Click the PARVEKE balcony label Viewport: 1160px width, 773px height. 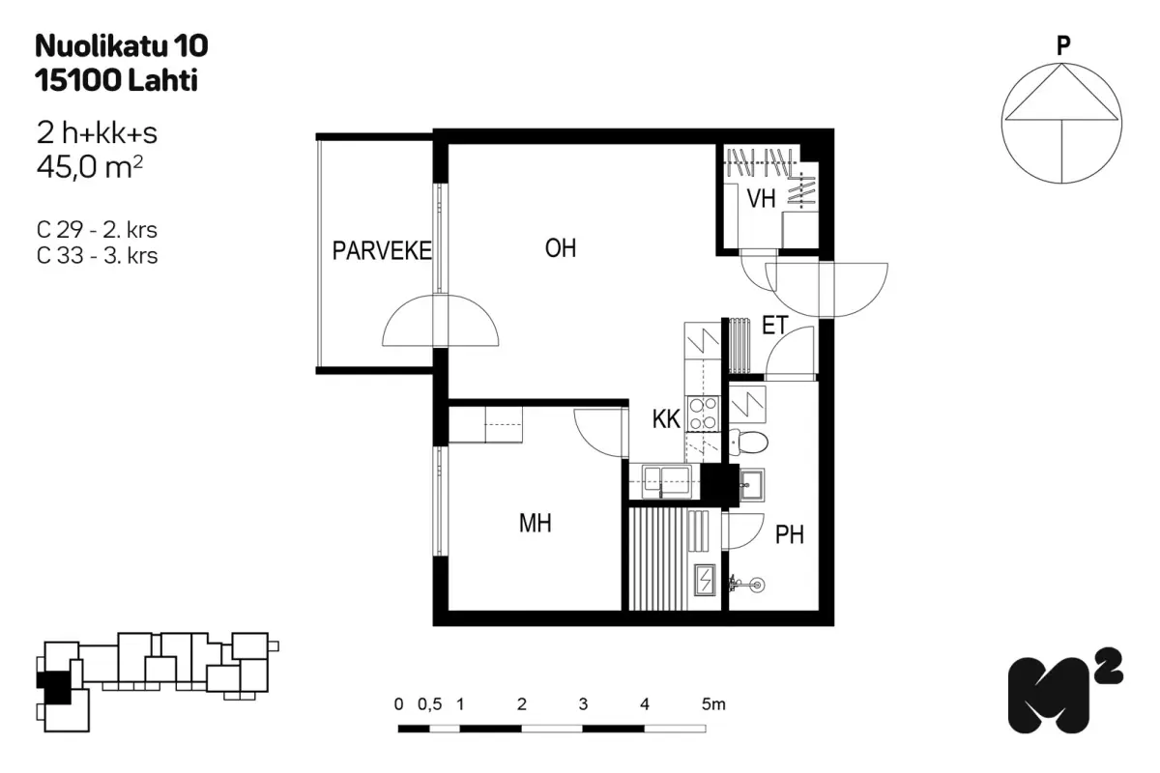click(x=382, y=250)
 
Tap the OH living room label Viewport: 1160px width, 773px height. click(x=561, y=248)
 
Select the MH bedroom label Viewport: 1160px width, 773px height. click(x=535, y=523)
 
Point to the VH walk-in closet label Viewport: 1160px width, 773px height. click(x=761, y=198)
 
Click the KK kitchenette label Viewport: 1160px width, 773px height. click(x=666, y=418)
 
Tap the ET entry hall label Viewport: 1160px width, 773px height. click(x=774, y=326)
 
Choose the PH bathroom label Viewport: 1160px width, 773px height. click(x=789, y=535)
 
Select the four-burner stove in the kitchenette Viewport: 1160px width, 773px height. click(x=703, y=414)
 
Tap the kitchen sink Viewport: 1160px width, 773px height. click(x=666, y=481)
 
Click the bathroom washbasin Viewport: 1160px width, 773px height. click(x=751, y=485)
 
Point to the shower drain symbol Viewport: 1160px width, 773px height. click(x=757, y=585)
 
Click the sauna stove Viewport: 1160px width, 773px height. click(x=705, y=580)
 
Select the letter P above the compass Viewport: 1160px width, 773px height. click(x=1063, y=45)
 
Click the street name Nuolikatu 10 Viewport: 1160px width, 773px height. click(x=122, y=45)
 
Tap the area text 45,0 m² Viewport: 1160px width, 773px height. click(x=89, y=167)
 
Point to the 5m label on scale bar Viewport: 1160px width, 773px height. click(x=713, y=704)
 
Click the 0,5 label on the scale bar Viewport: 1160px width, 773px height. click(x=429, y=704)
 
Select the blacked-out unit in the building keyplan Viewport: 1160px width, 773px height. click(x=55, y=687)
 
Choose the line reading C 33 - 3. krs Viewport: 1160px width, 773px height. click(x=97, y=255)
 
